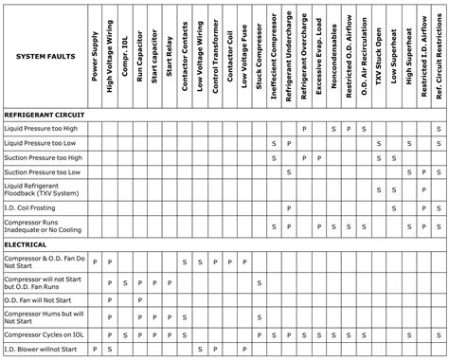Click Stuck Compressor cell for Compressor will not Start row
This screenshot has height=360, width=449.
[259, 282]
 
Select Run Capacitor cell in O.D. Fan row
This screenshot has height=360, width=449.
[140, 299]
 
